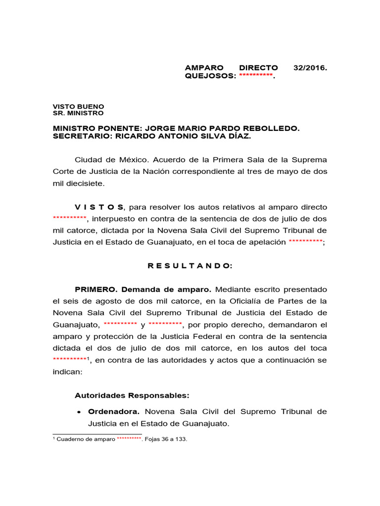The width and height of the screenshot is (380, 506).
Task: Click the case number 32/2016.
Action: point(310,68)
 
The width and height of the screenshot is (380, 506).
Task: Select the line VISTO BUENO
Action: point(79,106)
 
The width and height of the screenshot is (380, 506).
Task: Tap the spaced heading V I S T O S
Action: point(99,207)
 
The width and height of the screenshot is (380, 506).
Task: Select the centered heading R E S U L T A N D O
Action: point(190,266)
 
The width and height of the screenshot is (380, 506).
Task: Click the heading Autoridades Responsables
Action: point(132,395)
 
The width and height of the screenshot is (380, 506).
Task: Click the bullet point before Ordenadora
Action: point(79,412)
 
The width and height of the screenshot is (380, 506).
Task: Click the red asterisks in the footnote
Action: point(129,439)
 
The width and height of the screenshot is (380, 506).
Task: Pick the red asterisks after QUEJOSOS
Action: point(255,76)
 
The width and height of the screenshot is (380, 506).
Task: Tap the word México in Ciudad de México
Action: point(133,160)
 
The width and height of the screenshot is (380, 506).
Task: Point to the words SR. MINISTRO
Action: point(78,113)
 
